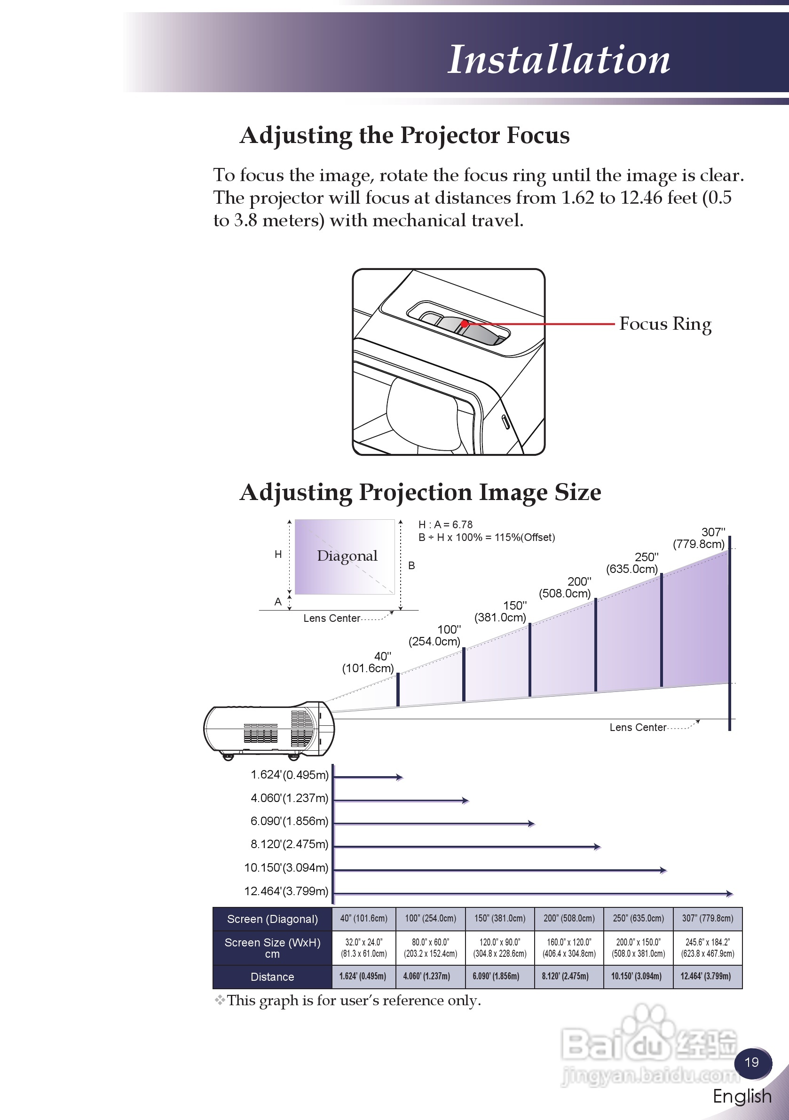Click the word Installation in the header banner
(559, 60)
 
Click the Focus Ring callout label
(665, 324)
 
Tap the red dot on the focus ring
(465, 324)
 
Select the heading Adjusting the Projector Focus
(404, 135)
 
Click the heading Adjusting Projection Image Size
(420, 492)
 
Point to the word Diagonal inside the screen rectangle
(347, 556)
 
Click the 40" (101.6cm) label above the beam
(369, 662)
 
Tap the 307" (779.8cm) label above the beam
(699, 538)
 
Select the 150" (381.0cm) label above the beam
(501, 611)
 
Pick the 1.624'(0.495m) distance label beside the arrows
(289, 775)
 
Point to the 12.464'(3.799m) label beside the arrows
(286, 891)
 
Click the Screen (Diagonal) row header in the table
(272, 919)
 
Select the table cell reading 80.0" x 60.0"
(430, 948)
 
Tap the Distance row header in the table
(272, 977)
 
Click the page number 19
(751, 1062)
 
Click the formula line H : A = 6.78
(445, 524)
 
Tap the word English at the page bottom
(742, 1096)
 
